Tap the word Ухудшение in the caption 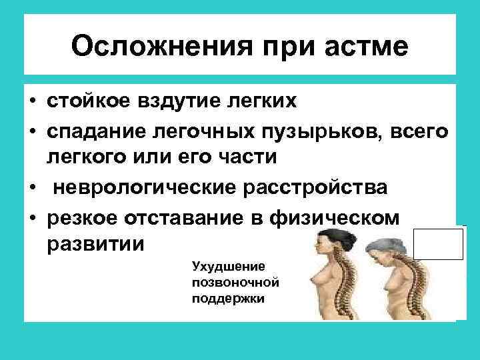pyautogui.click(x=219, y=266)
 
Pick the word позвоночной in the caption pyautogui.click(x=225, y=282)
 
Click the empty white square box pyautogui.click(x=438, y=243)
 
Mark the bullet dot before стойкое pyautogui.click(x=33, y=101)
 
